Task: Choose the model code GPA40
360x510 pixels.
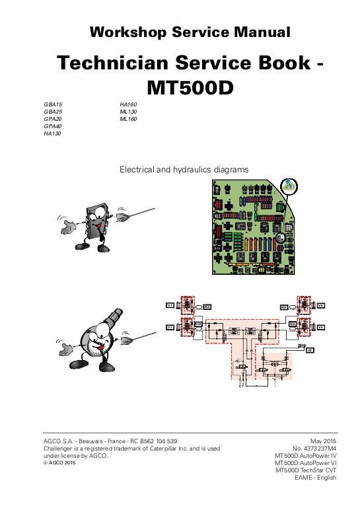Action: (53, 126)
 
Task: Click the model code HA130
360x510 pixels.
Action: (52, 133)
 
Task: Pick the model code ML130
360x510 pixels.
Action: (128, 112)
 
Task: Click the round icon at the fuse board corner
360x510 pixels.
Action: (289, 187)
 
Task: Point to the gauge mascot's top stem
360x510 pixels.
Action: (111, 316)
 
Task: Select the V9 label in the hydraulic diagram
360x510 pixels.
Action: (309, 350)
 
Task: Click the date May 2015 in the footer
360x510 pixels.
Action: (323, 441)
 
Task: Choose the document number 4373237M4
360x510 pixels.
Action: (318, 449)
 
